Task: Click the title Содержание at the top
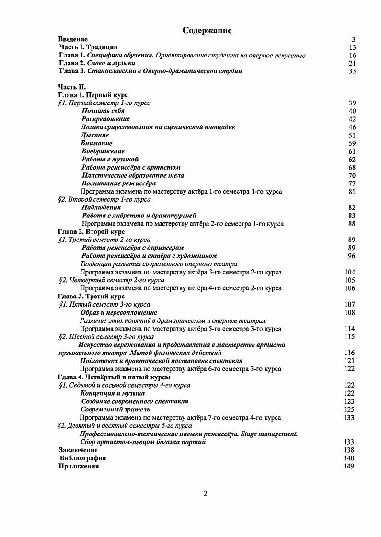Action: click(207, 31)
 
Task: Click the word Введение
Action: click(72, 39)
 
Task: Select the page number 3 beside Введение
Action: click(353, 39)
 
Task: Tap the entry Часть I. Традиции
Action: click(88, 47)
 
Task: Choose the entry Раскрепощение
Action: click(105, 119)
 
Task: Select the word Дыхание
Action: click(95, 135)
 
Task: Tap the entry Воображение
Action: click(103, 151)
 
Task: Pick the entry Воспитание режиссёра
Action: click(118, 183)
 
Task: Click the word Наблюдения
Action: click(101, 207)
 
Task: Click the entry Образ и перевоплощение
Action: click(119, 312)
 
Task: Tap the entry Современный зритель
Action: click(115, 410)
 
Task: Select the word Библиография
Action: click(82, 458)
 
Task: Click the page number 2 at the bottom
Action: click(205, 494)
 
